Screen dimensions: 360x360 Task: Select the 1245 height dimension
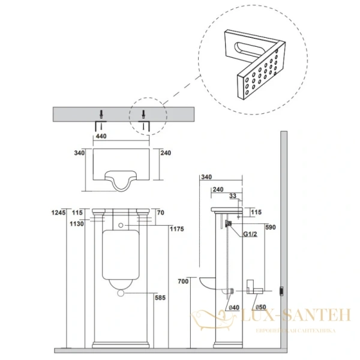coord(58,212)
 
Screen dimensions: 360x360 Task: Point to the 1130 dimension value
coord(58,224)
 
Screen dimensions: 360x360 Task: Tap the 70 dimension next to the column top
coord(160,212)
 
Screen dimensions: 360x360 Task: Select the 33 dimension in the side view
coord(233,196)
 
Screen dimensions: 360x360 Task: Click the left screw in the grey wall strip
coord(100,113)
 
